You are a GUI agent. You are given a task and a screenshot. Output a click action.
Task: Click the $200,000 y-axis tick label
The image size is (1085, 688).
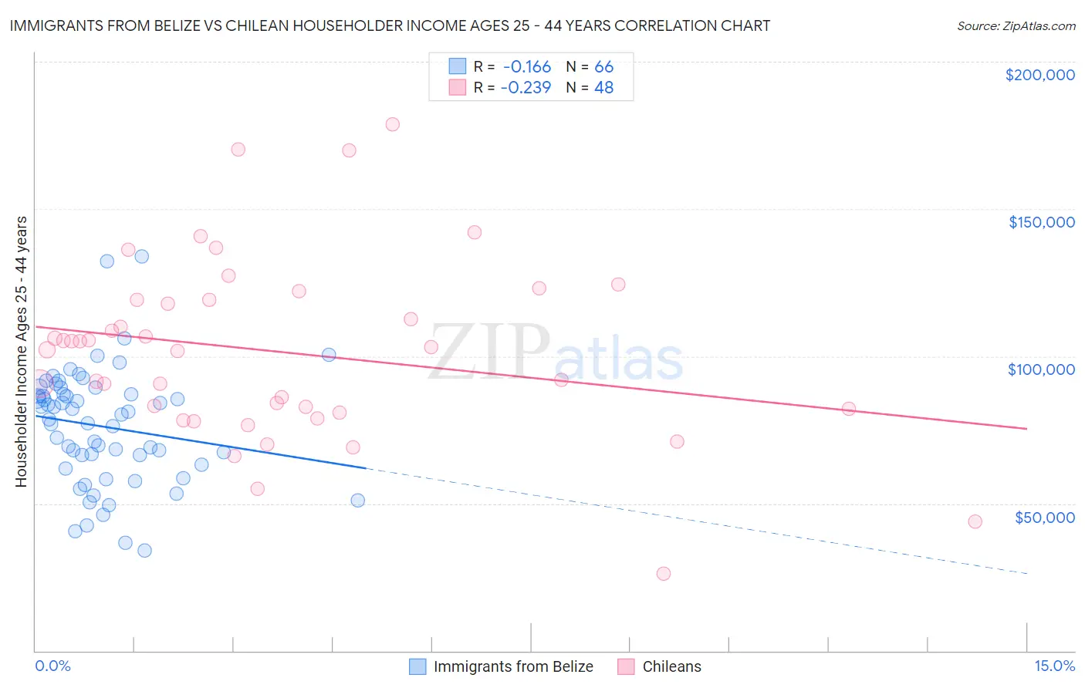tap(1039, 75)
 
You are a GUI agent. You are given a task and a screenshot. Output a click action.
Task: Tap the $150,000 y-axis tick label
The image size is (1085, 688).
tap(1041, 222)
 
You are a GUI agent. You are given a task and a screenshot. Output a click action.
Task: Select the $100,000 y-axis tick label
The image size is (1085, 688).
tap(1041, 369)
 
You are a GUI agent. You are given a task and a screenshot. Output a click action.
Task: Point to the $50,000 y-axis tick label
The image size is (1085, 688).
tap(1044, 517)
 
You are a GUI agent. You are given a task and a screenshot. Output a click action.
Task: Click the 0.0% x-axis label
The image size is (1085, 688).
tap(52, 666)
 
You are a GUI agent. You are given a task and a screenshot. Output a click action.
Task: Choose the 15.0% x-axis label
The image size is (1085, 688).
tap(1054, 666)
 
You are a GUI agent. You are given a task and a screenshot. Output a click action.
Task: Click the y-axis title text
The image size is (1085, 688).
tap(22, 352)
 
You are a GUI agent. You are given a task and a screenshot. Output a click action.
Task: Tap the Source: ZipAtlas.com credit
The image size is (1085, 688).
tap(1016, 26)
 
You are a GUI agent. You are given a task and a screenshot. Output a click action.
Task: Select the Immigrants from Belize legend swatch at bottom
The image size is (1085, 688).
tap(417, 666)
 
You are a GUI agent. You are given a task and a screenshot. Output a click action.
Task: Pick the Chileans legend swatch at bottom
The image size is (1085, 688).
tap(627, 666)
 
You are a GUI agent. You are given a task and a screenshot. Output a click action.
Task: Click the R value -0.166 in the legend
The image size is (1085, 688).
tap(526, 67)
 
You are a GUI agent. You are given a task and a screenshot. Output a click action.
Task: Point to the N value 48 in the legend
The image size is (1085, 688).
tap(603, 88)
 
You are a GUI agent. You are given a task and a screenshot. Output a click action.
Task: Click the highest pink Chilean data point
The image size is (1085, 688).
tap(392, 124)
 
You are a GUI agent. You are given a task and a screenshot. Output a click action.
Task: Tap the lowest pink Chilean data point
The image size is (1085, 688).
tap(663, 573)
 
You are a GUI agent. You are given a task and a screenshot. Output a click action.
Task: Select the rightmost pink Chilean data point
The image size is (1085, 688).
tap(975, 521)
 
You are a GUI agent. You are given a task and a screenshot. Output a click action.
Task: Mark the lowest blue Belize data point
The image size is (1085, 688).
tap(144, 550)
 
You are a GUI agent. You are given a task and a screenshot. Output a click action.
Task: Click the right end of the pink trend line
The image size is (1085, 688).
tap(1026, 428)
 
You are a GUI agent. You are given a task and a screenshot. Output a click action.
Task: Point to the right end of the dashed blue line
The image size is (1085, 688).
tap(1026, 573)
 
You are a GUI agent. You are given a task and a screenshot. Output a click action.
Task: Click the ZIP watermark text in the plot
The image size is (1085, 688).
tap(488, 353)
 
